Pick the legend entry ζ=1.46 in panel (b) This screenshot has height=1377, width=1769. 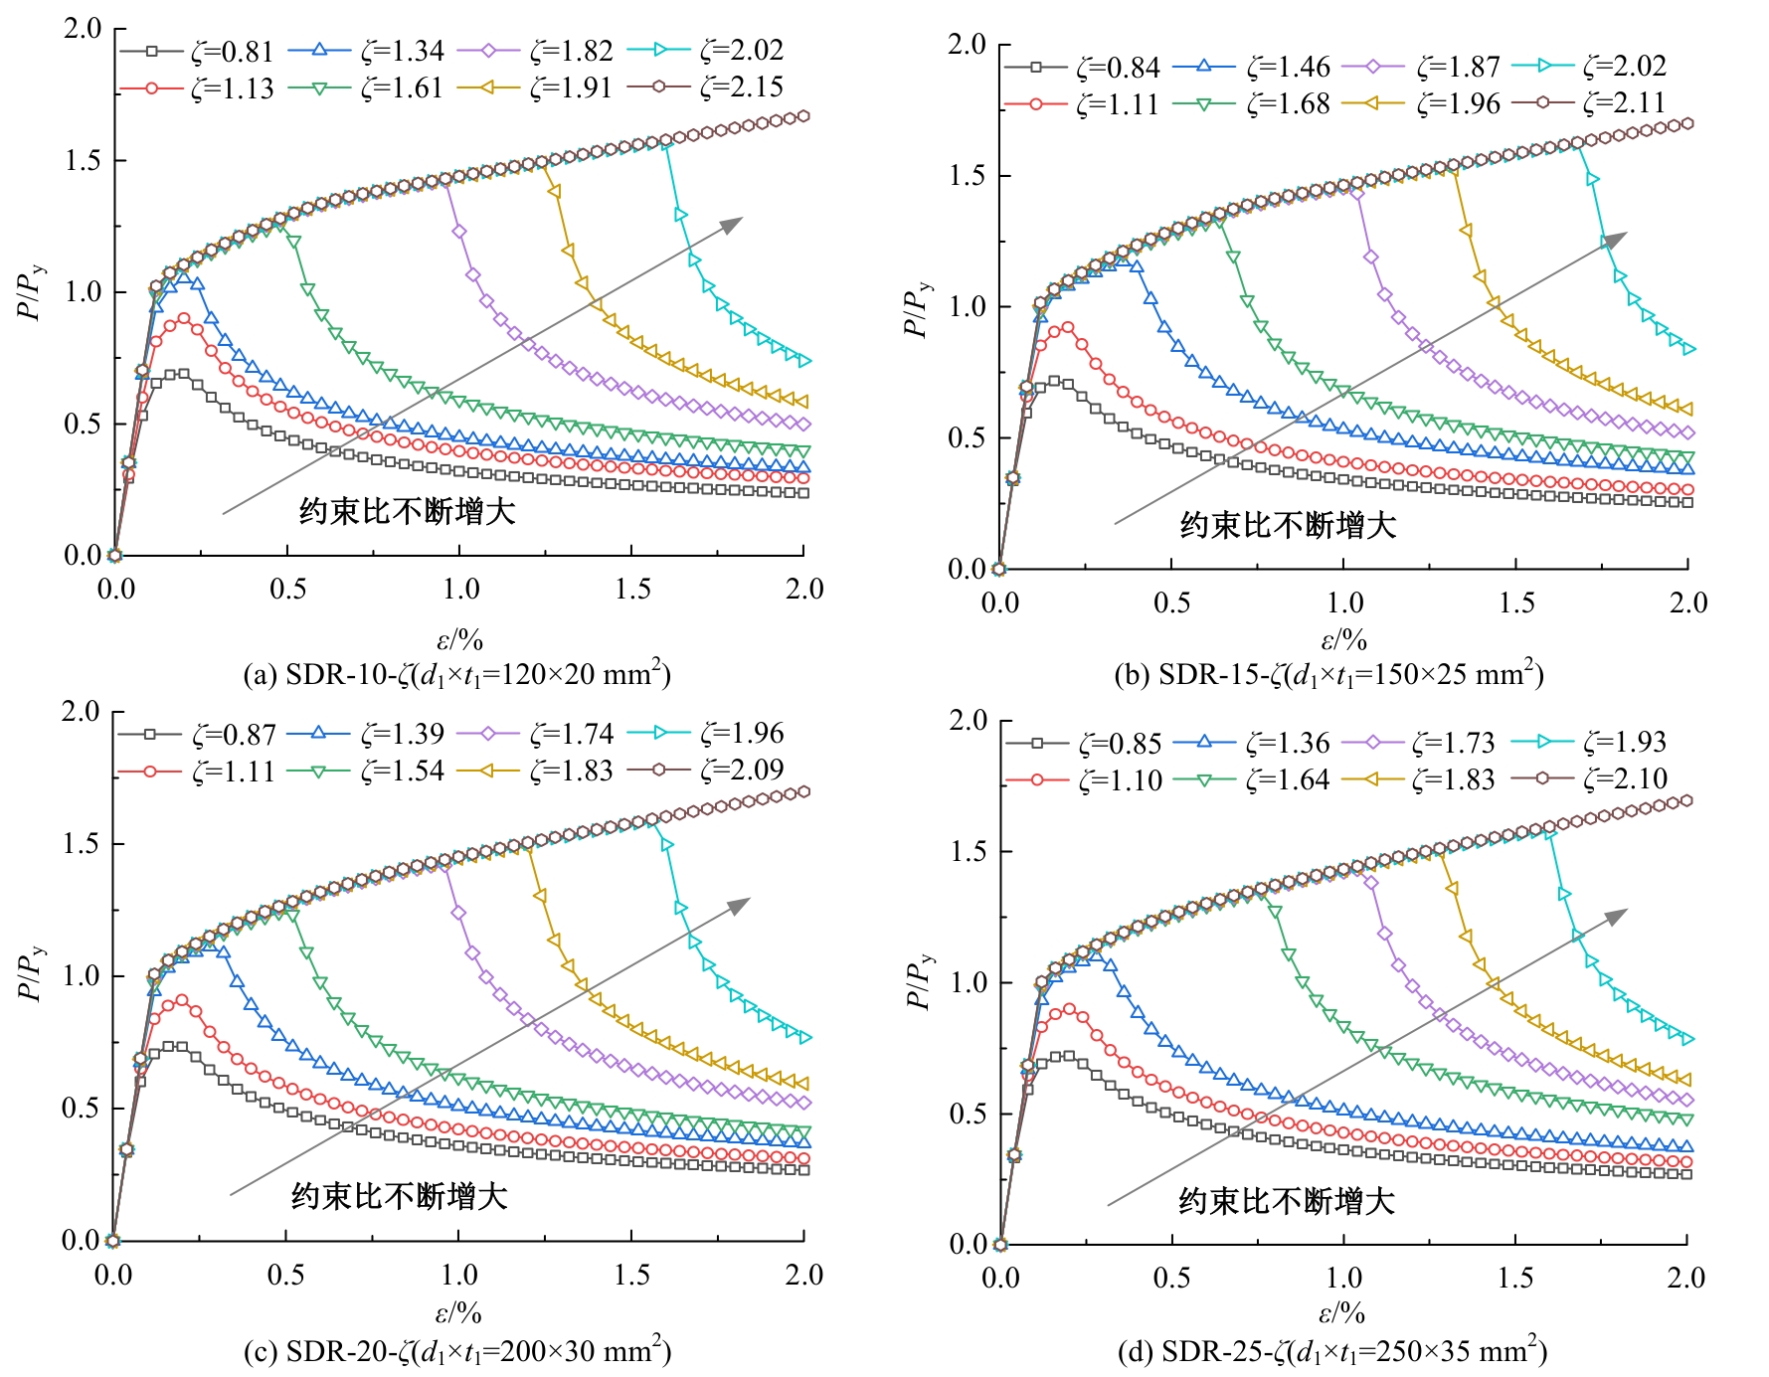(1252, 67)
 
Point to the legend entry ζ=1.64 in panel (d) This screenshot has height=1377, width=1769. (1252, 779)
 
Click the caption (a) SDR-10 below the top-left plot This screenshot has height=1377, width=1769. (457, 675)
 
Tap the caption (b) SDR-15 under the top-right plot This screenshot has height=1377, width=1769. (1328, 675)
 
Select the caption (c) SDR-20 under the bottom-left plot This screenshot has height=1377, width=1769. (457, 1351)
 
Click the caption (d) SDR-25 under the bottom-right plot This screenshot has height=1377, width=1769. (1332, 1351)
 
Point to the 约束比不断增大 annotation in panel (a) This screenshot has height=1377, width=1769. (408, 511)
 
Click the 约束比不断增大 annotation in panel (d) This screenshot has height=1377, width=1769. (1287, 1201)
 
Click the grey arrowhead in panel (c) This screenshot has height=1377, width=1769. (740, 905)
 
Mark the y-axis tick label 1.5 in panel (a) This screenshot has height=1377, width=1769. (83, 160)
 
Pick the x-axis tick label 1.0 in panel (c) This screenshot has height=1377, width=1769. (458, 1275)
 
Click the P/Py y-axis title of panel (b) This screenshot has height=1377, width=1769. (918, 307)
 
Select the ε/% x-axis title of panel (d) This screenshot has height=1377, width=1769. (1342, 1314)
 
